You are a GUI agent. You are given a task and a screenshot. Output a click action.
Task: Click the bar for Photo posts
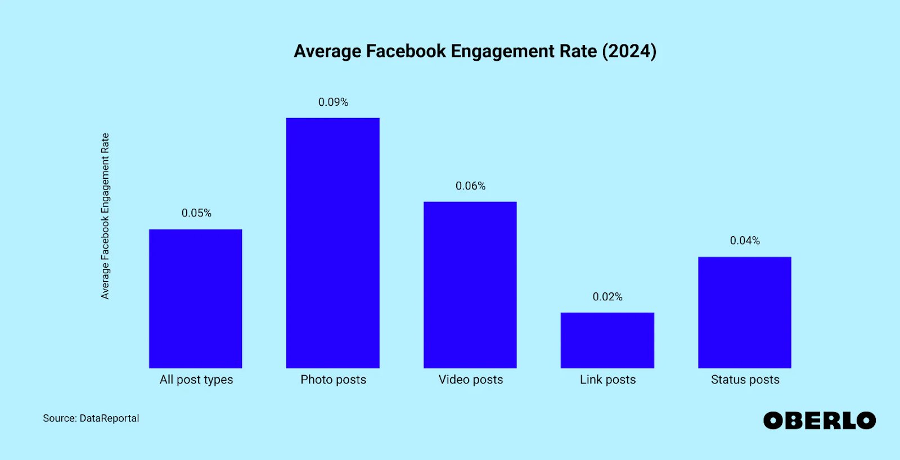coord(332,243)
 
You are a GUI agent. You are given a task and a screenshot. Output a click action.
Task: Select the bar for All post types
coord(195,299)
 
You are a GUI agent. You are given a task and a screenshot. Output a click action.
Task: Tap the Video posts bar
coord(470,285)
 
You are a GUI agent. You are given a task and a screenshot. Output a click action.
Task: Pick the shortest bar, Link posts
coord(607,340)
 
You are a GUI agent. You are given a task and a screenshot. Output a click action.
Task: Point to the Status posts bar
coord(744,313)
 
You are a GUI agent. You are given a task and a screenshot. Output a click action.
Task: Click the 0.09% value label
coord(333,102)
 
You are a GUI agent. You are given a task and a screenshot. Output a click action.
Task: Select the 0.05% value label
coord(196,213)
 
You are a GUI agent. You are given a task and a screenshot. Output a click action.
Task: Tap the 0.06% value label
coord(470,186)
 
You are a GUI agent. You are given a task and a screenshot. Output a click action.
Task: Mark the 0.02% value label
coord(607,297)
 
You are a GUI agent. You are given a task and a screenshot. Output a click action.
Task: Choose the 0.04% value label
coord(745,241)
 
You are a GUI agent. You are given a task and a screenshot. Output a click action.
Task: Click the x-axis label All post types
coord(196,380)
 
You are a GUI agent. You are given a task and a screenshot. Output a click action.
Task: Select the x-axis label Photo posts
coord(333,380)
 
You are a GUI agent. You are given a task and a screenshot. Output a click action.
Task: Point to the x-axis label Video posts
coord(471,380)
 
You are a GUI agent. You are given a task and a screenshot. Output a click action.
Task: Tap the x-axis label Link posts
coord(607,380)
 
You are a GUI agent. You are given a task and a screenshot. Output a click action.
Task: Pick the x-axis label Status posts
coord(745,380)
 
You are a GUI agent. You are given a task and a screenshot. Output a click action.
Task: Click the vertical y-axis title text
coord(105,216)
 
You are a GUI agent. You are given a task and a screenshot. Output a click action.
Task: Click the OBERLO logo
coord(819,421)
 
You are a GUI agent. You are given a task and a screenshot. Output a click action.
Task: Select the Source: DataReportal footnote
coord(91,418)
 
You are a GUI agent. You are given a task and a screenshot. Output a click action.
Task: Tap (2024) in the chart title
coord(629,51)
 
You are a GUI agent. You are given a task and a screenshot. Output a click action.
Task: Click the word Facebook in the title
coord(406,51)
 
